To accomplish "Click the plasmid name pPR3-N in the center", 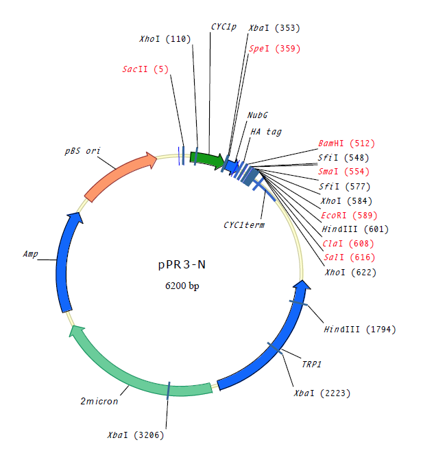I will [x=183, y=264].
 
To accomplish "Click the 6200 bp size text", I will [x=183, y=285].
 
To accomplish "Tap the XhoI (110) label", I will [x=165, y=40].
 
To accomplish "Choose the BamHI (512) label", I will [x=347, y=143].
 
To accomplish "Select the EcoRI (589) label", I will [x=347, y=215].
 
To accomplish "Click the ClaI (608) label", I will [x=346, y=243].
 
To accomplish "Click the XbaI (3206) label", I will [x=136, y=435].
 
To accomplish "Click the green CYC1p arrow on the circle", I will [x=207, y=160].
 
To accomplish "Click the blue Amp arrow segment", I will [x=65, y=261].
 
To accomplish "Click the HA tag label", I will [x=265, y=131].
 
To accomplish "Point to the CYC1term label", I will [x=244, y=225].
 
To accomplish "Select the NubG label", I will [x=258, y=115].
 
